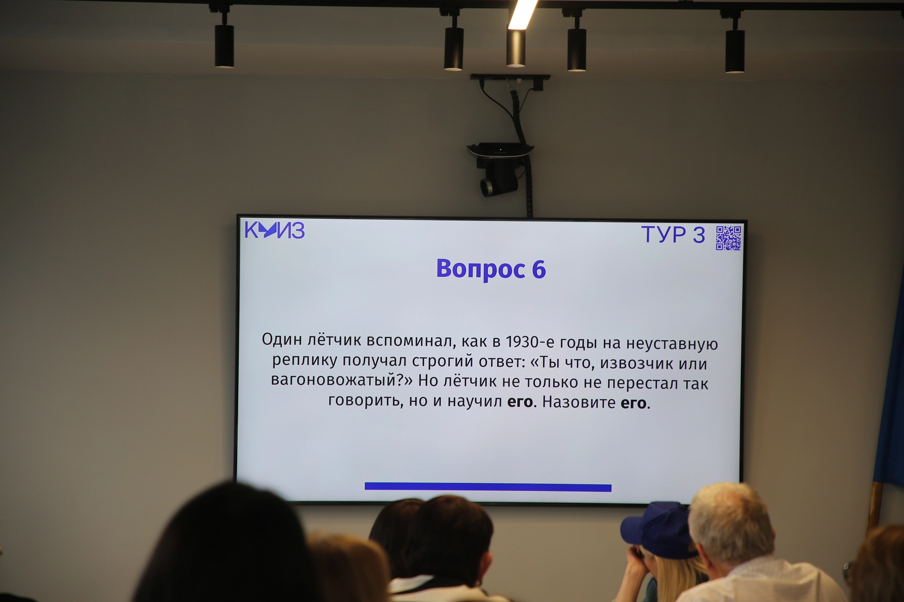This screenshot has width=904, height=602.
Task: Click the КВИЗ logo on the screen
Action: click(x=274, y=230)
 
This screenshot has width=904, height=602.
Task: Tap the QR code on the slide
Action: click(x=728, y=238)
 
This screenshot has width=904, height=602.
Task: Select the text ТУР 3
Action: click(x=673, y=235)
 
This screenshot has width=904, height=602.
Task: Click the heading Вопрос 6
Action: click(x=491, y=269)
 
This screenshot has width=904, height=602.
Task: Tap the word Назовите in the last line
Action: click(x=579, y=402)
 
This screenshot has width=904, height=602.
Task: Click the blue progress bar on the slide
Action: click(x=488, y=487)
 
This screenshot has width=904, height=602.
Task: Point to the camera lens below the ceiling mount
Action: click(x=487, y=187)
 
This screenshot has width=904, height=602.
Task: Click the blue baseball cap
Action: click(x=656, y=529)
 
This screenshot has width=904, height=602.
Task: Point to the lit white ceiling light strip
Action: click(x=523, y=15)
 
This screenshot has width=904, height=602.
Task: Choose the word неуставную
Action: click(x=672, y=344)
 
